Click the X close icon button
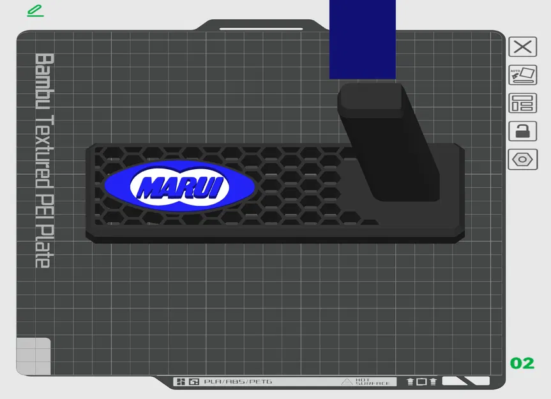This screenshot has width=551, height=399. click(522, 47)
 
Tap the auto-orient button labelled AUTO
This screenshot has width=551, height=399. click(522, 75)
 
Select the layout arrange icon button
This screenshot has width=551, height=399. click(522, 103)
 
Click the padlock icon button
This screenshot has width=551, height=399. click(522, 131)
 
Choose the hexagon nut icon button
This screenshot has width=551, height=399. click(522, 159)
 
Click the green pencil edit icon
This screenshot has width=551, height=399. click(35, 11)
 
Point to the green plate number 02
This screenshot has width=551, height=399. click(522, 363)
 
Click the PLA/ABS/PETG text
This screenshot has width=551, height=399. click(238, 382)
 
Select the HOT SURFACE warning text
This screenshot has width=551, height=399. click(372, 382)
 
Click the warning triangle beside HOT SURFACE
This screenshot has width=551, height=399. click(347, 382)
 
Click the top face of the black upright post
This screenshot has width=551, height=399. click(370, 96)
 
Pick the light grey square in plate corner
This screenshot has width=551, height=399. click(33, 356)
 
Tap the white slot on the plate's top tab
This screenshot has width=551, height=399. click(261, 29)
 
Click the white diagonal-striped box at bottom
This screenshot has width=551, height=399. click(465, 381)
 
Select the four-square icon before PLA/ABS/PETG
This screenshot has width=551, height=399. click(181, 382)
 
